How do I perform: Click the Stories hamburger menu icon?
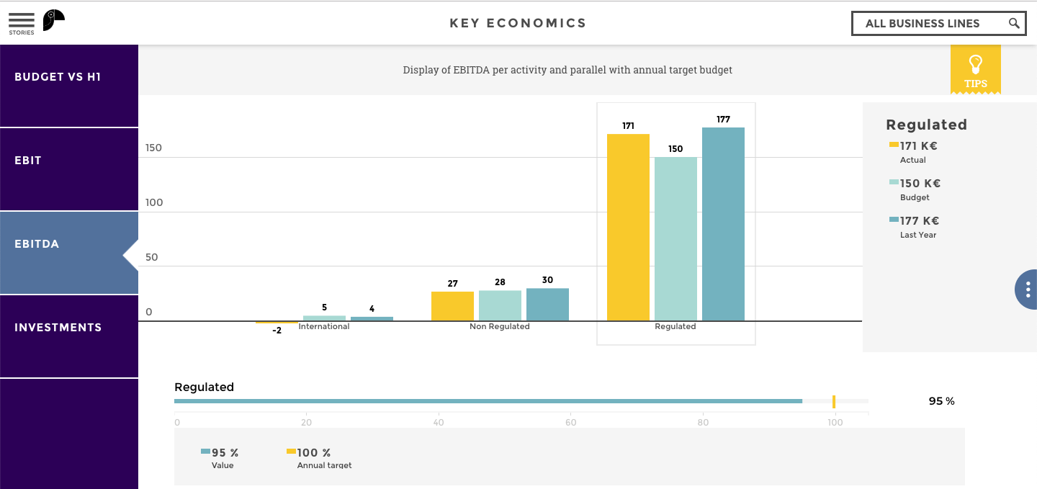[x=21, y=21]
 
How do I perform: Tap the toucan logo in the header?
[x=53, y=20]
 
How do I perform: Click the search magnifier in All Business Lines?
[x=1014, y=23]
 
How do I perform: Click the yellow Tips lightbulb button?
[x=975, y=69]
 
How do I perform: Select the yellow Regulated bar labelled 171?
[x=628, y=227]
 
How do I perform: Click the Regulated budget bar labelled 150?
[x=675, y=238]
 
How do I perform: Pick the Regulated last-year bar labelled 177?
[x=723, y=224]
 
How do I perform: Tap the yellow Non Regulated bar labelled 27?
[x=452, y=306]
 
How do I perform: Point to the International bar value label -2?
[x=277, y=331]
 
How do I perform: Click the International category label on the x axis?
[x=324, y=327]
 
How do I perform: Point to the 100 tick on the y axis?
[x=154, y=203]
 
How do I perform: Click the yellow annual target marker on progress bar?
[x=834, y=402]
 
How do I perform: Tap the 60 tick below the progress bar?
[x=571, y=423]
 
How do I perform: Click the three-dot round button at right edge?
[x=1028, y=290]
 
